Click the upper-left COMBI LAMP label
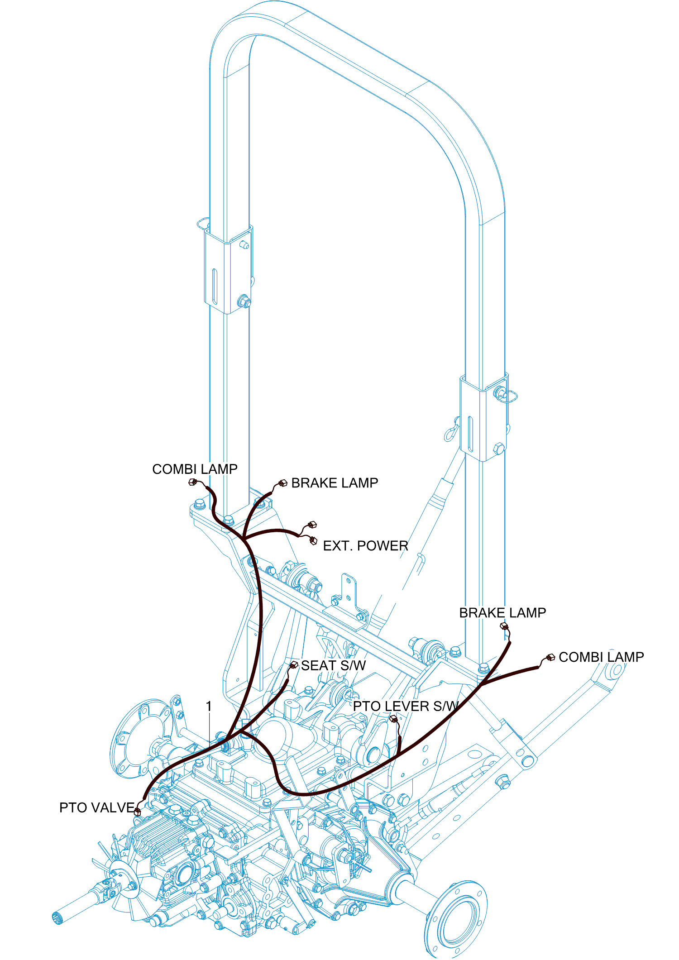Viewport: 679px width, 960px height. point(195,469)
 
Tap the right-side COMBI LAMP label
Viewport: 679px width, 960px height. point(601,657)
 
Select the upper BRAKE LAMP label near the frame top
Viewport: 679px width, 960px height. point(335,483)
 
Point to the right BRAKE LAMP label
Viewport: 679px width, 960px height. point(502,613)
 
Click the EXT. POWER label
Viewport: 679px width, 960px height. point(365,546)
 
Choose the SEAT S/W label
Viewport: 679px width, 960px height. point(333,666)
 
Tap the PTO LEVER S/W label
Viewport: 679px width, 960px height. point(406,707)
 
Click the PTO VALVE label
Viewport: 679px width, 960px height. point(97,808)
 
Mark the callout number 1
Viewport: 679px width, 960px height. point(209,707)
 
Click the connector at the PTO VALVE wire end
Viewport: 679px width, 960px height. point(138,812)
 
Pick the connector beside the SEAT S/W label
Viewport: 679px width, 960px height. point(294,665)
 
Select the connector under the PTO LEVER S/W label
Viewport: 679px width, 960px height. point(393,718)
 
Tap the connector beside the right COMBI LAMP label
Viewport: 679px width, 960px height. point(550,658)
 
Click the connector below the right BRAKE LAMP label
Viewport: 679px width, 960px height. point(504,627)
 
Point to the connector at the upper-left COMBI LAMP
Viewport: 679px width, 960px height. point(192,482)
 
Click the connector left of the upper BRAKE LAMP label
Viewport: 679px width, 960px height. point(283,483)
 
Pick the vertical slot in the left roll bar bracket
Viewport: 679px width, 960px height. point(215,287)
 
